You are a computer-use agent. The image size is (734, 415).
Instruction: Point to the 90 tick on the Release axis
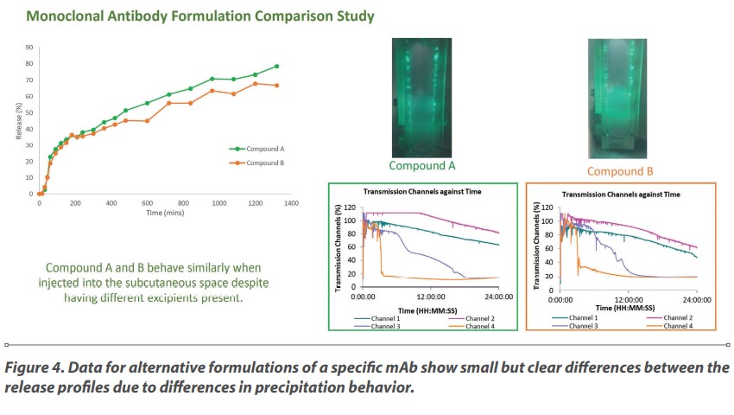click(29, 48)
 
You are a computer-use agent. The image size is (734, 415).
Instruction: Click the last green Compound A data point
click(276, 67)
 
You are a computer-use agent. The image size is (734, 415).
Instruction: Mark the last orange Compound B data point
click(276, 86)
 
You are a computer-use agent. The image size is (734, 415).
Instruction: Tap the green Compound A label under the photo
click(421, 165)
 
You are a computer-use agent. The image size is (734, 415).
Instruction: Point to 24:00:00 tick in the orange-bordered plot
click(697, 300)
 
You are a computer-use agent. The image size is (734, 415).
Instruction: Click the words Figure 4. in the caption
click(35, 367)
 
